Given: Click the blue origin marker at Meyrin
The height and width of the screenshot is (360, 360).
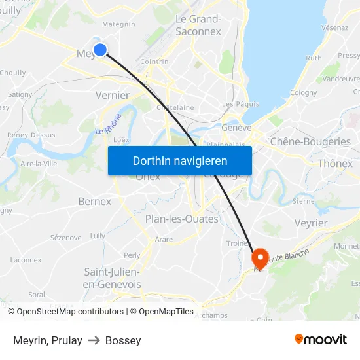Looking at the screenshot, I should tap(100, 50).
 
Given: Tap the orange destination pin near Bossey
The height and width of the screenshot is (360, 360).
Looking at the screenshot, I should tap(260, 257).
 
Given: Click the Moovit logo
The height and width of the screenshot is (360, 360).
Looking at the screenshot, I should tap(320, 340).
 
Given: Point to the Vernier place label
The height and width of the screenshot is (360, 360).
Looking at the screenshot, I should tap(112, 95).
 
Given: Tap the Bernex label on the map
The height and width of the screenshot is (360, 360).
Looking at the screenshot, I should tap(94, 201).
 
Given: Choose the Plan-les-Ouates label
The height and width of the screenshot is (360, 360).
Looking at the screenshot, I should tap(181, 219).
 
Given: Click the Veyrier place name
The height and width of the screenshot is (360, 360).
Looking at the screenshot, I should tap(311, 223).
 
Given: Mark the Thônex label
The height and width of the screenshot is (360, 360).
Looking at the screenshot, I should tap(335, 164).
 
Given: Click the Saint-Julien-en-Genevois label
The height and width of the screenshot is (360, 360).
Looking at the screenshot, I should tap(113, 278).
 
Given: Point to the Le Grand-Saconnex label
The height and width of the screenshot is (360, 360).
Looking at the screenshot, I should tap(198, 24).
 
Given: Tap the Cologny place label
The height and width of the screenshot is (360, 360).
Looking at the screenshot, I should tap(303, 93).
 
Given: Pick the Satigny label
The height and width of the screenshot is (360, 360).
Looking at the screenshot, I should tap(20, 94).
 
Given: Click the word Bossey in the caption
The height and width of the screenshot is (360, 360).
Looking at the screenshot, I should tap(123, 340).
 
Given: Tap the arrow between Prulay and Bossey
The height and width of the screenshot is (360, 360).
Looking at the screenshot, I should tap(94, 340).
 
